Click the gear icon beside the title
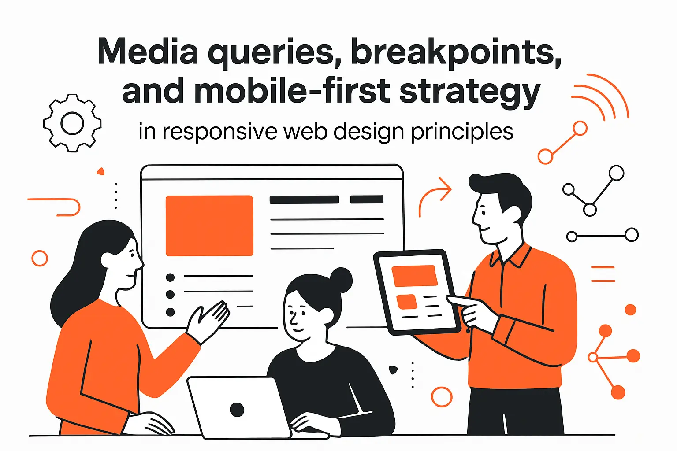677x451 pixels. pyautogui.click(x=72, y=123)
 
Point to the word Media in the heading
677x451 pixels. pyautogui.click(x=148, y=52)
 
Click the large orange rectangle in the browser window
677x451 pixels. pyautogui.click(x=209, y=225)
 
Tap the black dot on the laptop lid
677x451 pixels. pyautogui.click(x=237, y=410)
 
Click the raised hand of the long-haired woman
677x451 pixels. pyautogui.click(x=210, y=319)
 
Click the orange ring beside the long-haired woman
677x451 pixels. pyautogui.click(x=40, y=258)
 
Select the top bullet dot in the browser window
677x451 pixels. pyautogui.click(x=170, y=277)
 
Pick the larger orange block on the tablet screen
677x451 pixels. pyautogui.click(x=414, y=276)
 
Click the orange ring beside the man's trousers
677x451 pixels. pyautogui.click(x=442, y=397)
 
